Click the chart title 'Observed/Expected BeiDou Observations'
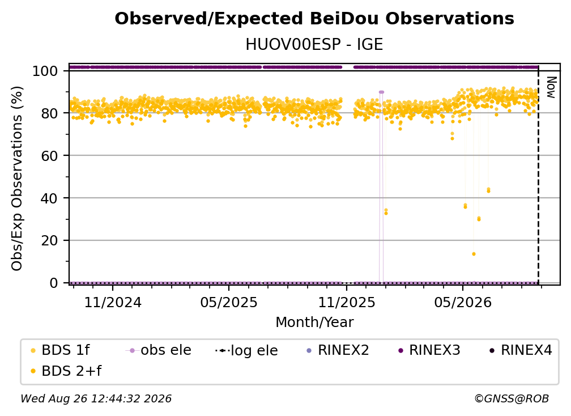(x=314, y=19)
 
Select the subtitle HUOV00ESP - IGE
(x=314, y=45)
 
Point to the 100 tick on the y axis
(x=45, y=71)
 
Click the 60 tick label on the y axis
(x=49, y=156)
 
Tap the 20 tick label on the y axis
(x=49, y=241)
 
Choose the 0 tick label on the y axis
(x=54, y=283)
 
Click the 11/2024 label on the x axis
(x=113, y=303)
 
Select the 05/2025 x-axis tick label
(x=229, y=303)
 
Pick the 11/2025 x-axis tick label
(x=347, y=303)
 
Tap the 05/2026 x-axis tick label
(x=463, y=303)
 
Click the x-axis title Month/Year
(x=314, y=322)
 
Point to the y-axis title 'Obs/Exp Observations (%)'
(x=17, y=179)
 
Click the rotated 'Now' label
(x=551, y=87)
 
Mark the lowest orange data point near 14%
(x=474, y=254)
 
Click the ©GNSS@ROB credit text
(x=512, y=399)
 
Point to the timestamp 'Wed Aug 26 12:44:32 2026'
(x=96, y=399)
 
